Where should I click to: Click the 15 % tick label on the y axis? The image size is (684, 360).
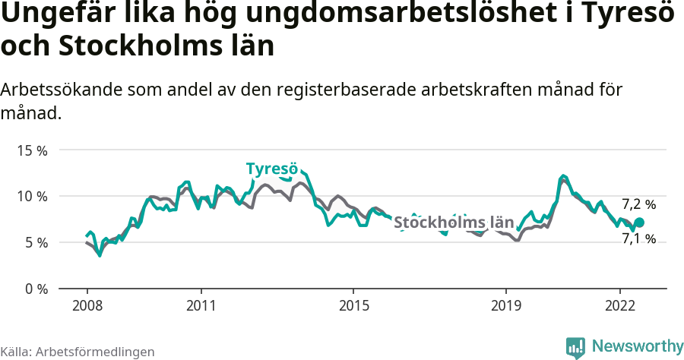(x=32, y=150)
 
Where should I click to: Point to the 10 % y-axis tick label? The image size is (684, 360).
(x=32, y=197)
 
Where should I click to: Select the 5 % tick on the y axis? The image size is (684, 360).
(x=35, y=243)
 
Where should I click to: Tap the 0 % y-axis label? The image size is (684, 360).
(x=35, y=289)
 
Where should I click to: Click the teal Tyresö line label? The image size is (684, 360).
(x=271, y=169)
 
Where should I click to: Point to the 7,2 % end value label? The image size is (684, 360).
(x=638, y=204)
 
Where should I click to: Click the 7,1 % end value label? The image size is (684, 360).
(x=638, y=238)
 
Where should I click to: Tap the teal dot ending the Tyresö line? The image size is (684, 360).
(x=639, y=223)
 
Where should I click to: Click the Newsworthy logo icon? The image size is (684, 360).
(x=575, y=347)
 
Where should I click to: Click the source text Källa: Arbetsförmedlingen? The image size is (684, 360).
(x=78, y=352)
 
